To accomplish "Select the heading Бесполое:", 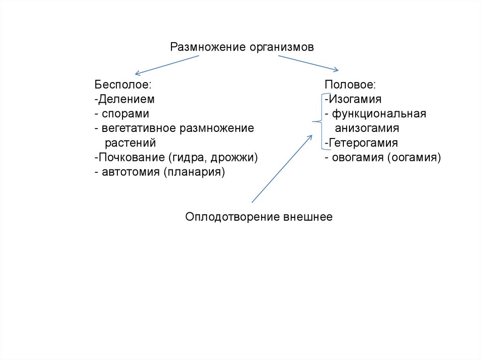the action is (x=123, y=85).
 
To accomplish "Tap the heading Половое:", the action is (x=350, y=85).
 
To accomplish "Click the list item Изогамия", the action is (x=353, y=100).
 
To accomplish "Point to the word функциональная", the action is (x=379, y=114).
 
